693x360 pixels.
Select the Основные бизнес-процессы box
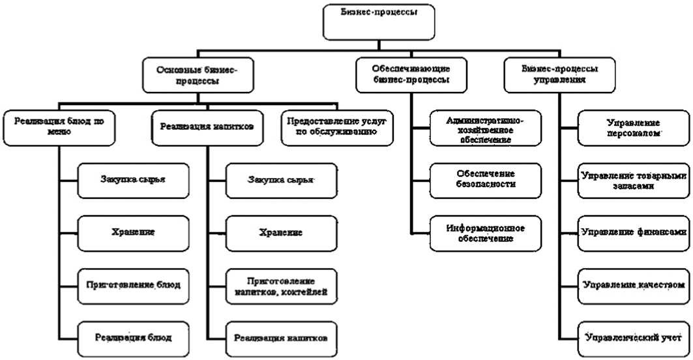pyautogui.click(x=197, y=76)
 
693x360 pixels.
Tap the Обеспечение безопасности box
pyautogui.click(x=486, y=179)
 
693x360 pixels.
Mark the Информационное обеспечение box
pyautogui.click(x=486, y=232)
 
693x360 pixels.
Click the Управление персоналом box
pyautogui.click(x=632, y=129)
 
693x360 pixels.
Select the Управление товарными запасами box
pyautogui.click(x=632, y=180)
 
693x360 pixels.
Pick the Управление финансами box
pyautogui.click(x=632, y=232)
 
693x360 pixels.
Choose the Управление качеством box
pyautogui.click(x=632, y=284)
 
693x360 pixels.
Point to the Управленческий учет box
pyautogui.click(x=632, y=337)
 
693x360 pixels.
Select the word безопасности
pyautogui.click(x=486, y=185)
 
